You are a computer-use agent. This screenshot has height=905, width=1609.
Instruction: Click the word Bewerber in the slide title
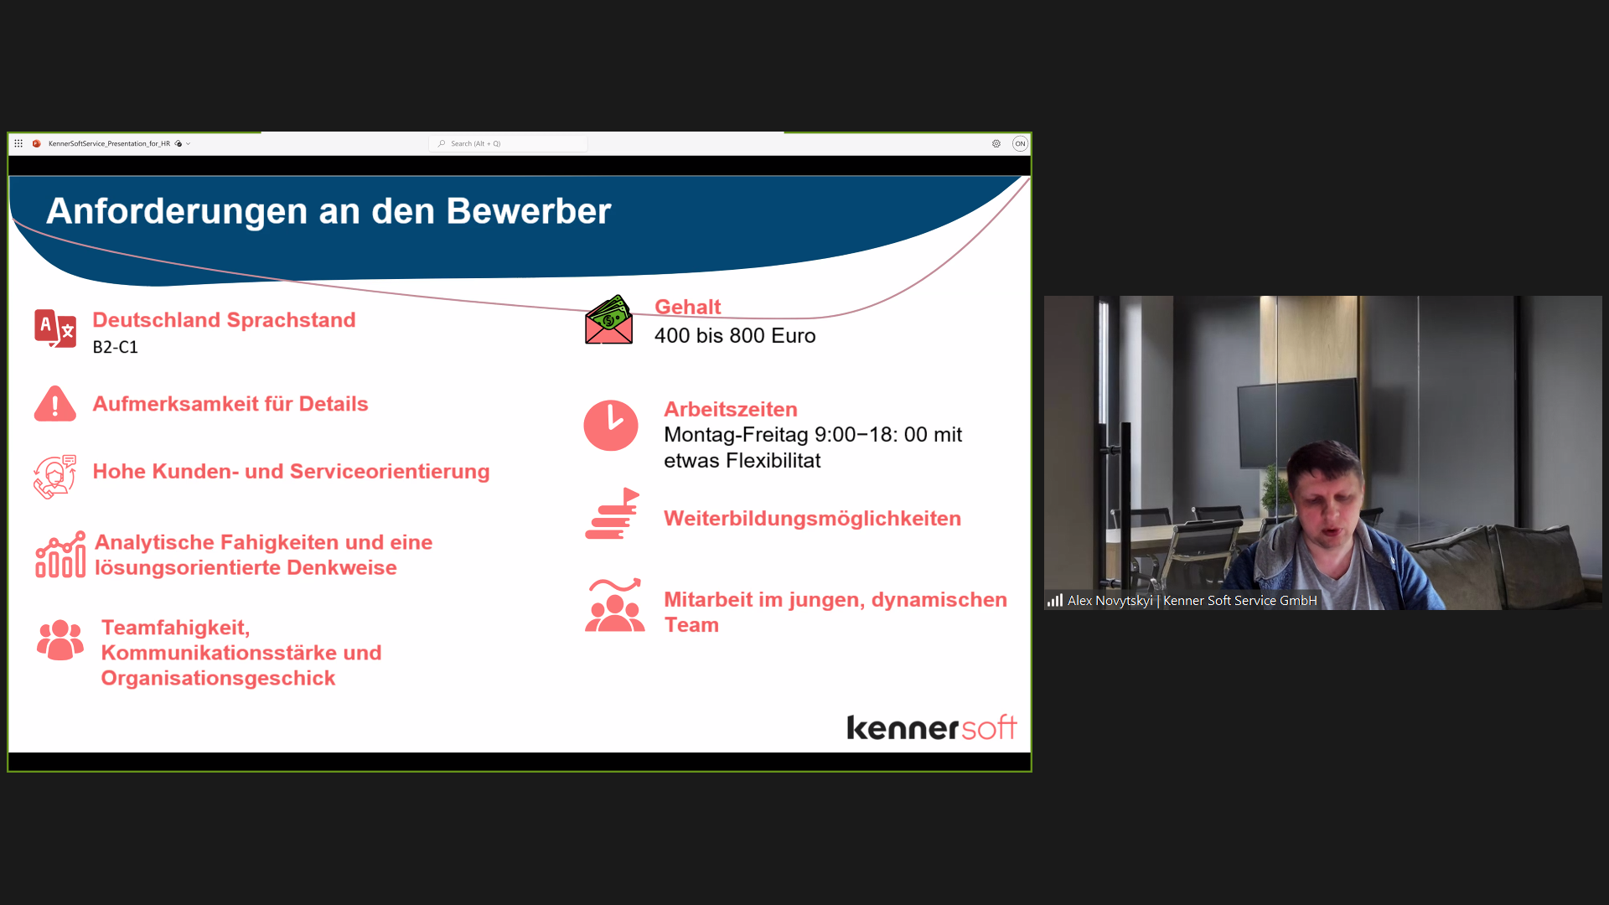coord(529,211)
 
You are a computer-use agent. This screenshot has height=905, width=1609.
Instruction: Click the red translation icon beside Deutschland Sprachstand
coord(55,328)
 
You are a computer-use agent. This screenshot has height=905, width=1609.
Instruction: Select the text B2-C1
coord(116,347)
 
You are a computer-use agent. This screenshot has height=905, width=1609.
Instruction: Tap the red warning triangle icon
coord(55,404)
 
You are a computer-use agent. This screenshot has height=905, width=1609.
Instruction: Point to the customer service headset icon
coord(55,477)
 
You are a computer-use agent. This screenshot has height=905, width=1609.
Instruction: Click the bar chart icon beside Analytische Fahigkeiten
coord(60,554)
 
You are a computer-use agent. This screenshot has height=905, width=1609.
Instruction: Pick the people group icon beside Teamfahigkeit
coord(60,640)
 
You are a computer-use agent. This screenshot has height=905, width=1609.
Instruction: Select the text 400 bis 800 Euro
coord(735,336)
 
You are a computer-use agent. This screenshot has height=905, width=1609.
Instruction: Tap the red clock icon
coord(611,426)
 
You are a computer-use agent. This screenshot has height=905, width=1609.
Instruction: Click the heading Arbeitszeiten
coord(731,410)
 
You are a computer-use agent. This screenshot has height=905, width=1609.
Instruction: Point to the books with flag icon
coord(613,514)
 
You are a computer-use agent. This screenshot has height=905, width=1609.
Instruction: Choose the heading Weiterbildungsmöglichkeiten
coord(812,519)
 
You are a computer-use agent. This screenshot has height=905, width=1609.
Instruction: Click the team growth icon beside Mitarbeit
coord(615,605)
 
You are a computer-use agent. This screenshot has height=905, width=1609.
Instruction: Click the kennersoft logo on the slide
coord(932,727)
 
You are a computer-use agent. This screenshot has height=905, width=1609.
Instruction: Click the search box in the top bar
coord(509,144)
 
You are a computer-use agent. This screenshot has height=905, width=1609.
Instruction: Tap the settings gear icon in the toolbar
coord(996,144)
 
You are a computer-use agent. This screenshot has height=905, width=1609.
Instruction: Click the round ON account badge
coord(1020,144)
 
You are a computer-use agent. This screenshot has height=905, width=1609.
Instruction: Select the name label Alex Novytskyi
coord(1110,601)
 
